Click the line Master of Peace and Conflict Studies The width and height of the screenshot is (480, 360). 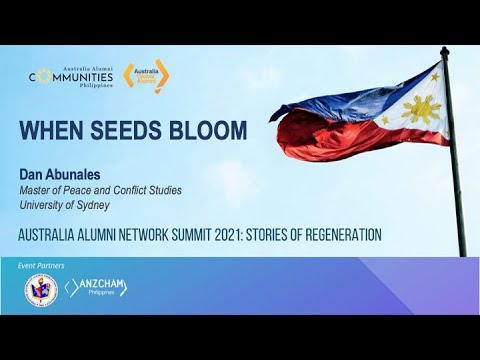(101, 190)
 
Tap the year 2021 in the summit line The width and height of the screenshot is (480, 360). (221, 235)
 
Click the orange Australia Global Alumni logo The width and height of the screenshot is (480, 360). (146, 76)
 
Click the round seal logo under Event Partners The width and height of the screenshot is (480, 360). (41, 289)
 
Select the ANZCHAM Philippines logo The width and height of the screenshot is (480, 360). (97, 289)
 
